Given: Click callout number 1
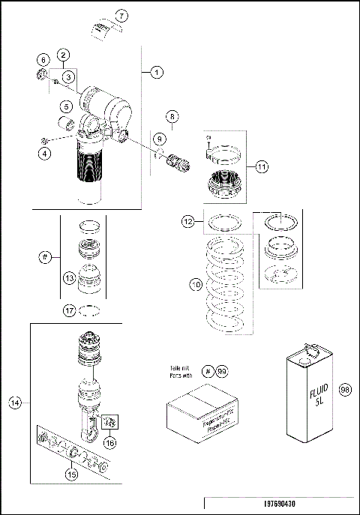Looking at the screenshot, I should click(x=156, y=73).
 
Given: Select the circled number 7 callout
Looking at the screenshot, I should click(x=122, y=16).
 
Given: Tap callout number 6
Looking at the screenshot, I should click(x=43, y=59).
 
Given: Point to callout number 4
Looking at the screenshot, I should click(x=45, y=154).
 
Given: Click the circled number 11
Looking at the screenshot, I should click(x=260, y=167).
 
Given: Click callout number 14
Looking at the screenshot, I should click(x=14, y=403).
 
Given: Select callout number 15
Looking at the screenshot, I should click(x=71, y=474).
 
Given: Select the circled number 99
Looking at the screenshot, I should click(x=222, y=371).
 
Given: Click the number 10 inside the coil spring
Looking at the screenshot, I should click(x=196, y=285).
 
